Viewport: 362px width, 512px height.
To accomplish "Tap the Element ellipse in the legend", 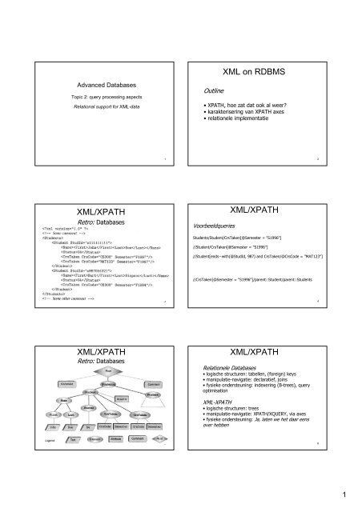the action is pyautogui.click(x=94, y=439).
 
